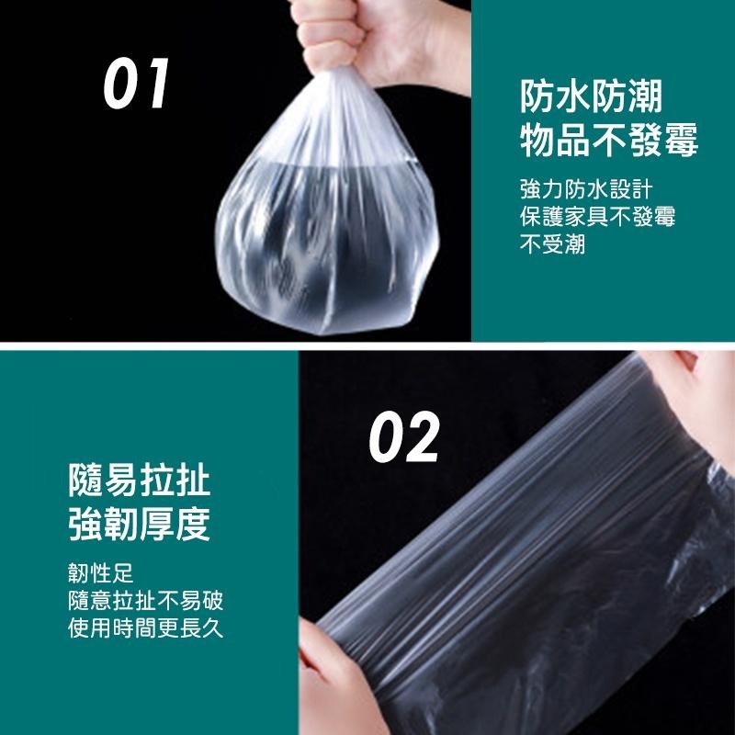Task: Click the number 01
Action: click(x=136, y=84)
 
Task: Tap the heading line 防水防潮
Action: click(x=591, y=96)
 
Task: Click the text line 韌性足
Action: click(x=101, y=574)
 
